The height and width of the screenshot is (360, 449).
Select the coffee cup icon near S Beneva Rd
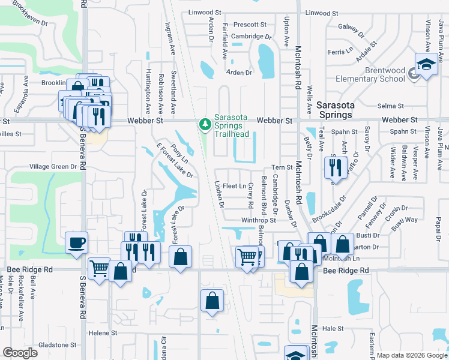click(x=76, y=243)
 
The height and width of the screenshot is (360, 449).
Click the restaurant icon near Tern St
click(x=336, y=166)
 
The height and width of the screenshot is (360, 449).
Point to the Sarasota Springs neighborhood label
click(x=343, y=110)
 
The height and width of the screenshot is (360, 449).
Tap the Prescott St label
click(x=250, y=25)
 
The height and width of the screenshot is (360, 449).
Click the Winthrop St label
click(x=258, y=220)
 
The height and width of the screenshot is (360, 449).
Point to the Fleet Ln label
click(x=234, y=187)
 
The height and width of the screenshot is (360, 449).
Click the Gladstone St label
click(x=57, y=345)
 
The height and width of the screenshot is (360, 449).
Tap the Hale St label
click(x=332, y=329)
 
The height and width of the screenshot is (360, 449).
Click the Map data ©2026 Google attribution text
click(x=411, y=355)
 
